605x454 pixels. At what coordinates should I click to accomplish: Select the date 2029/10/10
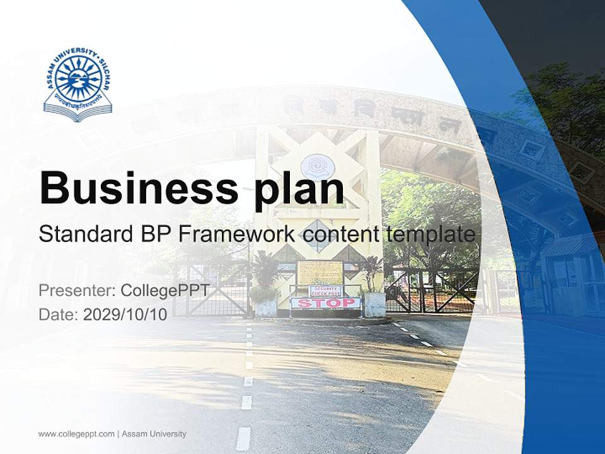(x=125, y=315)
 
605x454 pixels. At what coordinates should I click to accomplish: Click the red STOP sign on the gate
(x=325, y=303)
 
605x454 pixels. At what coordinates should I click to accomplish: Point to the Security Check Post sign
(x=325, y=290)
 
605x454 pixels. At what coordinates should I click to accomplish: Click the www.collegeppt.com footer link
(x=76, y=434)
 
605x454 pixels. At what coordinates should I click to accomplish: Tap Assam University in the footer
(x=154, y=434)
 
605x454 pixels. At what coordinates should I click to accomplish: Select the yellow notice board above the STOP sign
(x=320, y=272)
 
